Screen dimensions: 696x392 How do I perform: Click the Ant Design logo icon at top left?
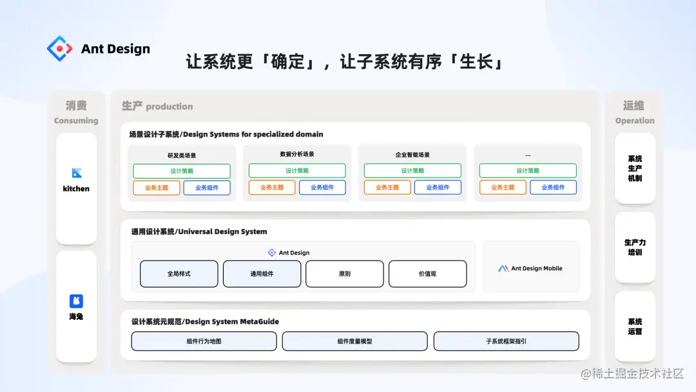pos(61,48)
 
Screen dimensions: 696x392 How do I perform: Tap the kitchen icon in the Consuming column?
pos(77,173)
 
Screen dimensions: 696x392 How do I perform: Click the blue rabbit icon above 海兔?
pos(76,301)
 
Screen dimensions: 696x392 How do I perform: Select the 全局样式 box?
pos(179,274)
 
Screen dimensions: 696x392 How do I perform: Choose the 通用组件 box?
pos(262,274)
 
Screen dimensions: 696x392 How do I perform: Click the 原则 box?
pos(344,274)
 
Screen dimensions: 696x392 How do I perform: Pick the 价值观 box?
pos(427,274)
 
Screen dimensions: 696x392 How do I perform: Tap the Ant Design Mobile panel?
pos(530,268)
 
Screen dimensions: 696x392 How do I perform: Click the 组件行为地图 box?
pos(204,341)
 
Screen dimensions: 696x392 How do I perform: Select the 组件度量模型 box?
pos(354,341)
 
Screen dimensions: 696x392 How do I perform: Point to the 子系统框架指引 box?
pos(506,341)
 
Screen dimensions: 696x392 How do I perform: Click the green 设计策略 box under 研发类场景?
pos(182,171)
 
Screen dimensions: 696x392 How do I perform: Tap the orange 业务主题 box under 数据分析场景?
pos(272,188)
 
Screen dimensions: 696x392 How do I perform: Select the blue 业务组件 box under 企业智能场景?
pos(438,188)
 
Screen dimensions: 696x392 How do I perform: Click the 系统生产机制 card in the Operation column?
pos(635,168)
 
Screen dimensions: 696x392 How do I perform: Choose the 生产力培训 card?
pos(635,248)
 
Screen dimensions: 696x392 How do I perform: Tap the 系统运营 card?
pos(635,326)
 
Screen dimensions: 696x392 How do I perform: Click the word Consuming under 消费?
pos(76,121)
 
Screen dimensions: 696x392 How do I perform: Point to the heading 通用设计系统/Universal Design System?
pos(199,231)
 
